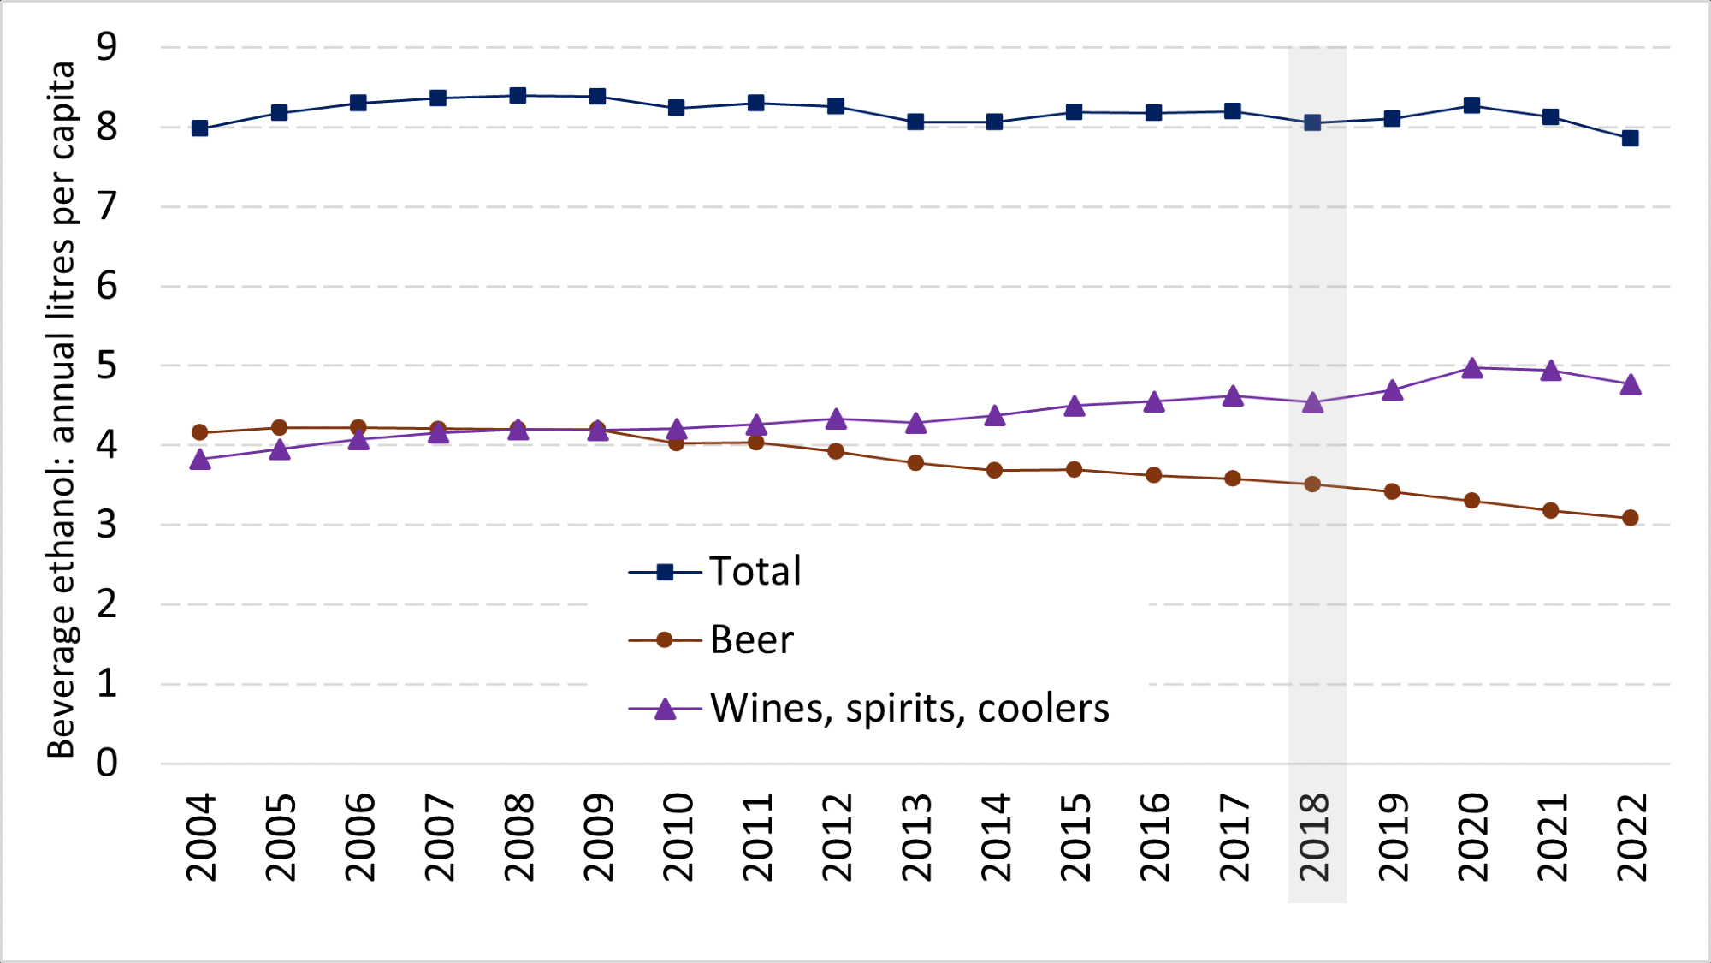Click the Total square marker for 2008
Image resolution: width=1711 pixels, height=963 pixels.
518,95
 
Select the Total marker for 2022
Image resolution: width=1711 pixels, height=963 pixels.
1630,138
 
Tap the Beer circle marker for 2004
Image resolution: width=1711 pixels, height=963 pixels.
199,432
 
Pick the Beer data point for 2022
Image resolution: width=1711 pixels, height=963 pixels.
1630,518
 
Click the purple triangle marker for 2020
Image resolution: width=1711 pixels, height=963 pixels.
1471,369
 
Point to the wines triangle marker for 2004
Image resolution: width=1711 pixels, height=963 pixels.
199,461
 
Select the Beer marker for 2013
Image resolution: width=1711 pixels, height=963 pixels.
915,463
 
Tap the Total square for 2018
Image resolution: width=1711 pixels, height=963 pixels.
1312,122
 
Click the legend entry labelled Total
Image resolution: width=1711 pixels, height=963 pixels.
755,572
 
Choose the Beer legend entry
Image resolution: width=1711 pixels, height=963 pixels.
751,640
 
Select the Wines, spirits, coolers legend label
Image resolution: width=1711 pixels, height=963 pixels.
909,709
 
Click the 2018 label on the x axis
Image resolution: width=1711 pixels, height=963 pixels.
1314,837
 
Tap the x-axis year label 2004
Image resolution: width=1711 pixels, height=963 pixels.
201,837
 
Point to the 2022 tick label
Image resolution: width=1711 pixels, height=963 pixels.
1631,837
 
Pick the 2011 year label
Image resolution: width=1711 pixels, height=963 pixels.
758,837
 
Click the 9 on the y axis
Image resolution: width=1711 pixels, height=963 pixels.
107,47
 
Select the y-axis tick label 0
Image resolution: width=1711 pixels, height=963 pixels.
107,763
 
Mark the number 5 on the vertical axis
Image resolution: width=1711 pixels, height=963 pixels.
107,366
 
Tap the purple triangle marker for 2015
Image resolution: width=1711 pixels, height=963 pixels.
1075,407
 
